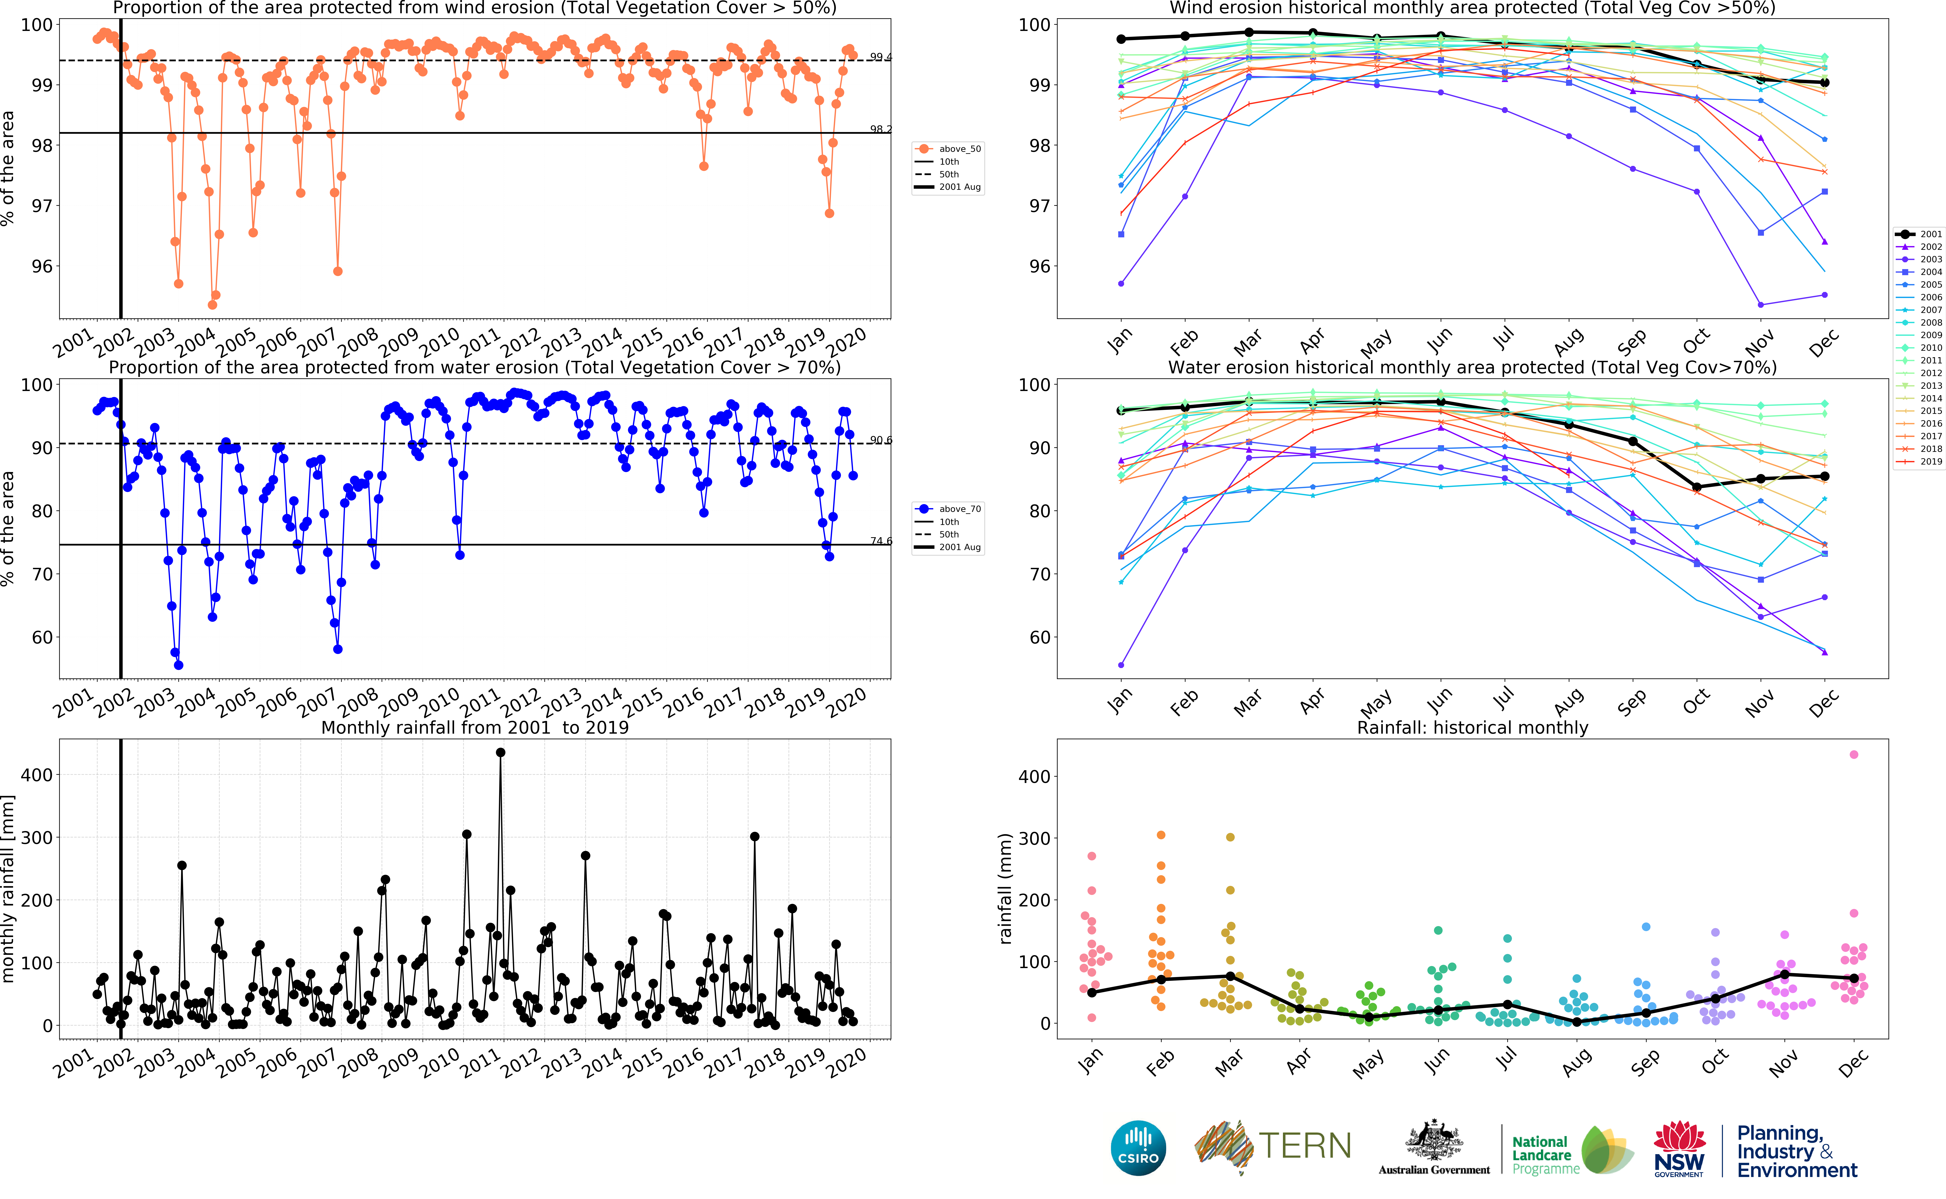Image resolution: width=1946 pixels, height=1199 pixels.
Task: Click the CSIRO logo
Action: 1138,1148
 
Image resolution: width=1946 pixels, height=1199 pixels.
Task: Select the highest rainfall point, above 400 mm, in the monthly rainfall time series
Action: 500,753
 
